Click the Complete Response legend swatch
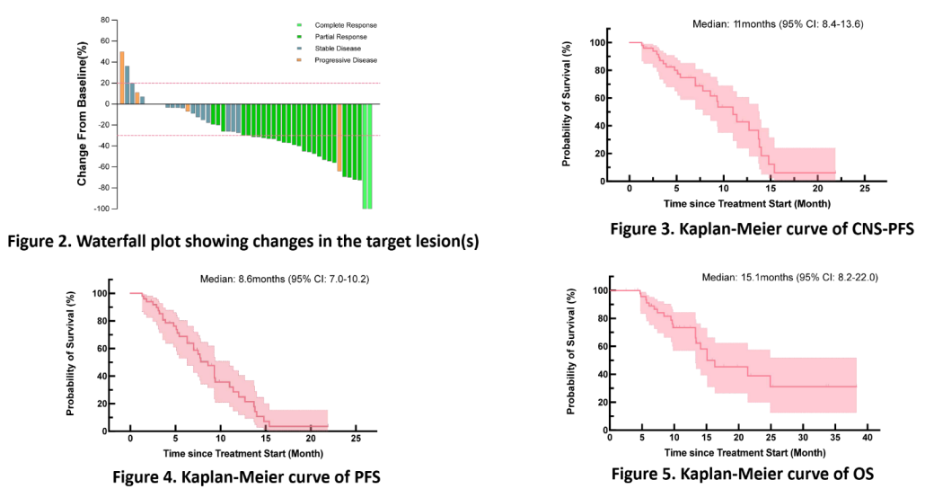click(299, 25)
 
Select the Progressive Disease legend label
click(346, 60)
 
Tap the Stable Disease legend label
click(336, 49)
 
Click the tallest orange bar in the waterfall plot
click(122, 77)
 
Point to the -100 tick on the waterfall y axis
click(102, 209)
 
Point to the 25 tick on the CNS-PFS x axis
click(864, 190)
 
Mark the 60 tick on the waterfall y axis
click(104, 40)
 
